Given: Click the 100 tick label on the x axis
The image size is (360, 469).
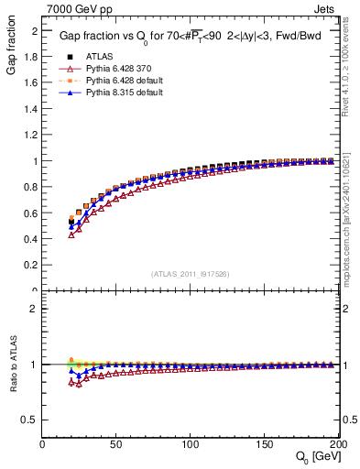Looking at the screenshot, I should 191,443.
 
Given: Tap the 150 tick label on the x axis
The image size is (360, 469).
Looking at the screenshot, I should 264,443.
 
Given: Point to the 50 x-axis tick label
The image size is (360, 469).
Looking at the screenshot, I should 116,443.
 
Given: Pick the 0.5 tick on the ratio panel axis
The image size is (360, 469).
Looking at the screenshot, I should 31,420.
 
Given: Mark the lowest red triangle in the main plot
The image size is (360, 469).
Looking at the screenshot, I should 71,235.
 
